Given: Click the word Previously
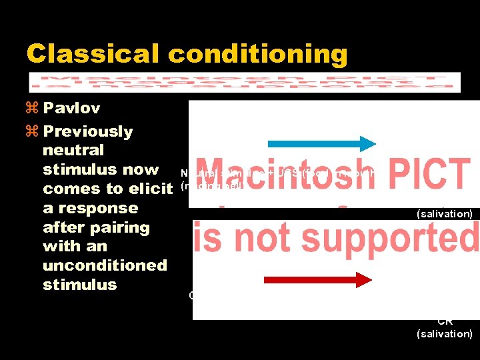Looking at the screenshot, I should (x=87, y=131).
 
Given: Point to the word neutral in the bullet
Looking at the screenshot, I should (x=73, y=151).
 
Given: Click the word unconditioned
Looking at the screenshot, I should (x=105, y=265).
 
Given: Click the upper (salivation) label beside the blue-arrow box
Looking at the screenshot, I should (x=444, y=214).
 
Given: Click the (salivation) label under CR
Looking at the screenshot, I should (x=444, y=333).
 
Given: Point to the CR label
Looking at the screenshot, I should (x=445, y=321).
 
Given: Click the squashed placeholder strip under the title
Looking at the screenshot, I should (x=245, y=82).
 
